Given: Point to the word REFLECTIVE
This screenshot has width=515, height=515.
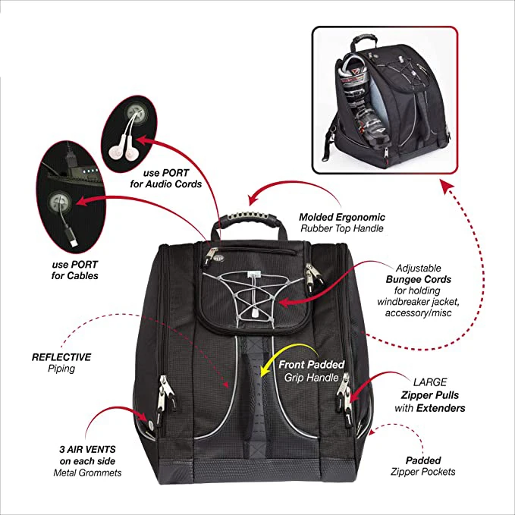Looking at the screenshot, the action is tap(62, 356).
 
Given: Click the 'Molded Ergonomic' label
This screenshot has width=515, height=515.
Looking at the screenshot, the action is tap(331, 216).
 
